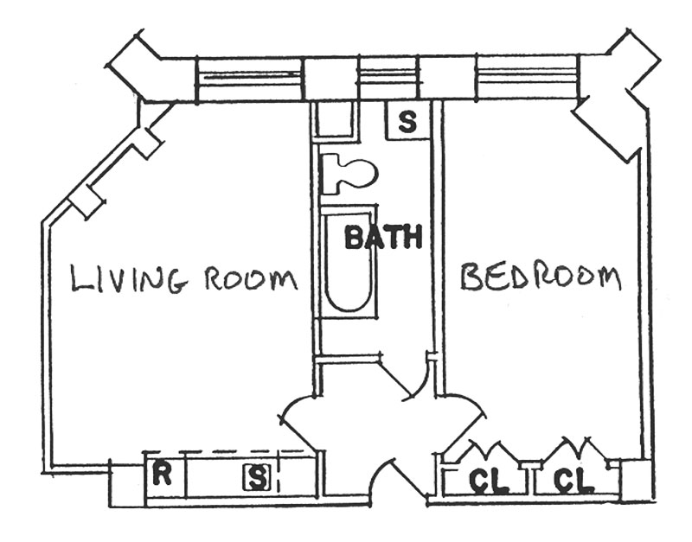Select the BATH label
coord(383,236)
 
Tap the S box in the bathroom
coord(407,121)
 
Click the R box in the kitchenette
coord(161,474)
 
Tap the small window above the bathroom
coord(388,78)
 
